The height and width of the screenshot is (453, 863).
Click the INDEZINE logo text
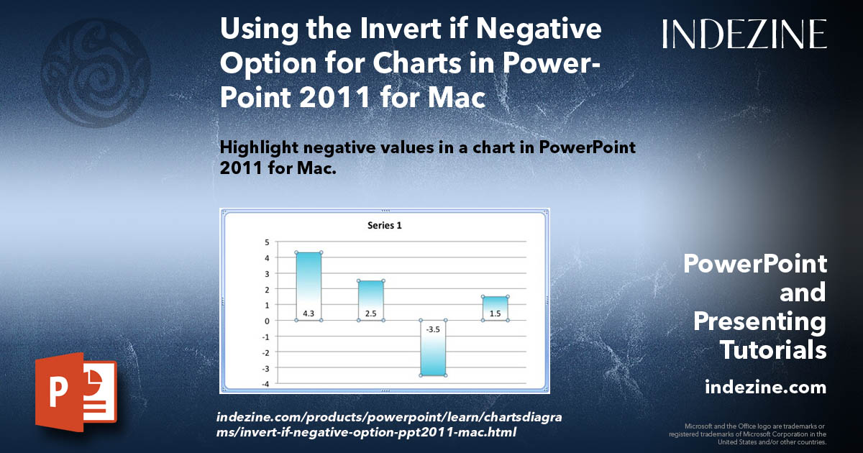744,34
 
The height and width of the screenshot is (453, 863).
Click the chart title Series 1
385,225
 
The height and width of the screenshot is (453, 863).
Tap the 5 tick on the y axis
266,242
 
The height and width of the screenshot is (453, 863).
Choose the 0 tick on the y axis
266,321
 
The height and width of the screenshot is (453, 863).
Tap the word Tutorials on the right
773,350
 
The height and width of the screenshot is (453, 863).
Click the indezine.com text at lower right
765,388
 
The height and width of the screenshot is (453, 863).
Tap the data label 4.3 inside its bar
309,314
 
